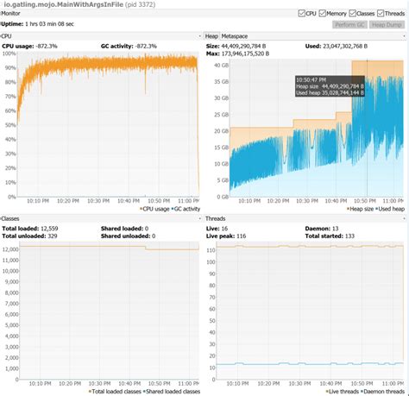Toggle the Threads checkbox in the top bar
click(388, 14)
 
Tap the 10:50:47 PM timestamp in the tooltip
click(312, 79)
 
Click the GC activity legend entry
click(182, 209)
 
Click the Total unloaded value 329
click(52, 236)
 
